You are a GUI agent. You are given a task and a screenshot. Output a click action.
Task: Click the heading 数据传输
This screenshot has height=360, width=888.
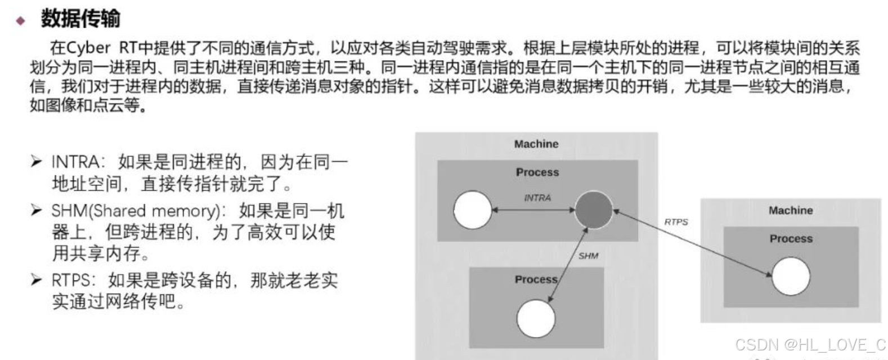80,19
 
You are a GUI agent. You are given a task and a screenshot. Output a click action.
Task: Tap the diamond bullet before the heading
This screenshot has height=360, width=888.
21,21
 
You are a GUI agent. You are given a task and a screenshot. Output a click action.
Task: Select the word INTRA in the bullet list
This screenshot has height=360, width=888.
75,162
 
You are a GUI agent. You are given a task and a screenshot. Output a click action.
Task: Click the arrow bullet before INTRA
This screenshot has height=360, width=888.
37,162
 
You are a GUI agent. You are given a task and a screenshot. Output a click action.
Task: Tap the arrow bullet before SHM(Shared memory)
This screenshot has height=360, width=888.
37,210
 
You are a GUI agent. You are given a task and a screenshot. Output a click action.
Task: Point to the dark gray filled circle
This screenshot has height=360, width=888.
594,210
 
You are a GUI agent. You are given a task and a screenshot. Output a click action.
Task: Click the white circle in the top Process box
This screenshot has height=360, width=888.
473,210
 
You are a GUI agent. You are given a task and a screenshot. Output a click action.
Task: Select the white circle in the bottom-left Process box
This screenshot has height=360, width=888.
536,318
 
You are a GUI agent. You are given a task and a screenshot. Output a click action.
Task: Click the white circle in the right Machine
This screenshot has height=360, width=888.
791,276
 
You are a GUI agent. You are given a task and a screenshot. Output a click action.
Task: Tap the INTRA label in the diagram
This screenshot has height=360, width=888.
537,197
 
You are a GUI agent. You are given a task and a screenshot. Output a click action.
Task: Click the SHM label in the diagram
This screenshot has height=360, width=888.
588,256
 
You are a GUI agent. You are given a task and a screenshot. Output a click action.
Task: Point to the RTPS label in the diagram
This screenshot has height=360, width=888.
676,222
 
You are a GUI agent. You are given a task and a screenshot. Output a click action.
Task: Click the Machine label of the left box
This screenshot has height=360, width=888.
536,144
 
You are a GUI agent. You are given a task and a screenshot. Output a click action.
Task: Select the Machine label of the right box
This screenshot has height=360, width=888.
791,210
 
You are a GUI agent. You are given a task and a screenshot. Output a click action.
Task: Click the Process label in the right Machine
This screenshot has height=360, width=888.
791,238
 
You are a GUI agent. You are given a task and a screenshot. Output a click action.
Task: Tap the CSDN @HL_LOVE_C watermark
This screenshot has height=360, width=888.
810,345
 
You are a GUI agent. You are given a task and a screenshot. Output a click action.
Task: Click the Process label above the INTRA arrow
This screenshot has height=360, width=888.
537,172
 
